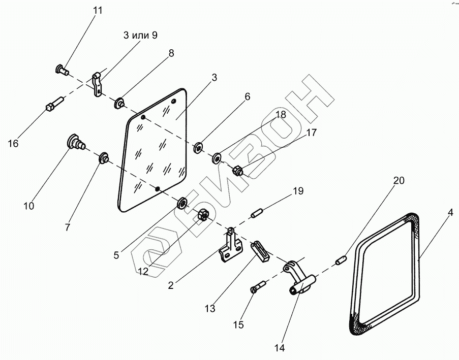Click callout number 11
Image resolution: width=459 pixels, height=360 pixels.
98,10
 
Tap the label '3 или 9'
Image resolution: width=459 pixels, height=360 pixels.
140,36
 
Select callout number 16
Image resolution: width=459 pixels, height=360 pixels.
13,143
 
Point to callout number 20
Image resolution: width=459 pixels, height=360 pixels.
399,180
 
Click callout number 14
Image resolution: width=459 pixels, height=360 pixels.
280,348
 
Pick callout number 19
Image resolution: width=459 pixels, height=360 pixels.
298,191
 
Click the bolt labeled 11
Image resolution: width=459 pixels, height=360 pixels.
62,70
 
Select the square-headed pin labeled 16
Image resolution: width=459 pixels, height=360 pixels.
55,104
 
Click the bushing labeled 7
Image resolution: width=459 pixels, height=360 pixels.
104,158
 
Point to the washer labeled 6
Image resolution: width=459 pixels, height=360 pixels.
198,147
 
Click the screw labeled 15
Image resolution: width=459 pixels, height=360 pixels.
259,286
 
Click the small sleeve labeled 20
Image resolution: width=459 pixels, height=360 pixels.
341,260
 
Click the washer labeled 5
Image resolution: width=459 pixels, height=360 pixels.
182,203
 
